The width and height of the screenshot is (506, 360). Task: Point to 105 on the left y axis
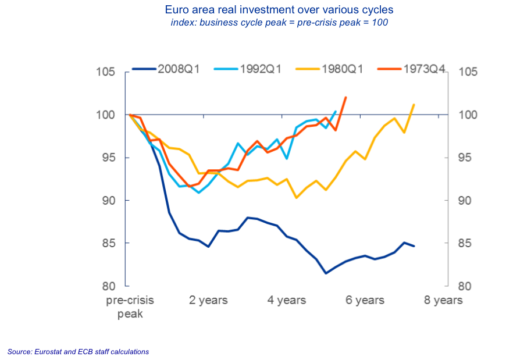108,72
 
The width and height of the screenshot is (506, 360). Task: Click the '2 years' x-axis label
208,300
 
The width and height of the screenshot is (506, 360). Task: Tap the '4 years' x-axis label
287,300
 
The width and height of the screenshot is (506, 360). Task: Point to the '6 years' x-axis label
365,300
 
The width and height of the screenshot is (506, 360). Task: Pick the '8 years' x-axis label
443,300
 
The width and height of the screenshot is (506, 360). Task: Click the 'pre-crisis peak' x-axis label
130,306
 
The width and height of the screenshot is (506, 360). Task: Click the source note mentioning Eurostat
78,352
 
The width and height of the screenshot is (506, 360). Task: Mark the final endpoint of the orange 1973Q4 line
346,98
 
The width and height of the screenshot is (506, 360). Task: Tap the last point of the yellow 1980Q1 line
414,105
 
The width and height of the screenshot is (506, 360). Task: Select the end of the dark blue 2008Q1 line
414,246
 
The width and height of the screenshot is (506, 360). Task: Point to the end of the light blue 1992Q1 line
336,112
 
